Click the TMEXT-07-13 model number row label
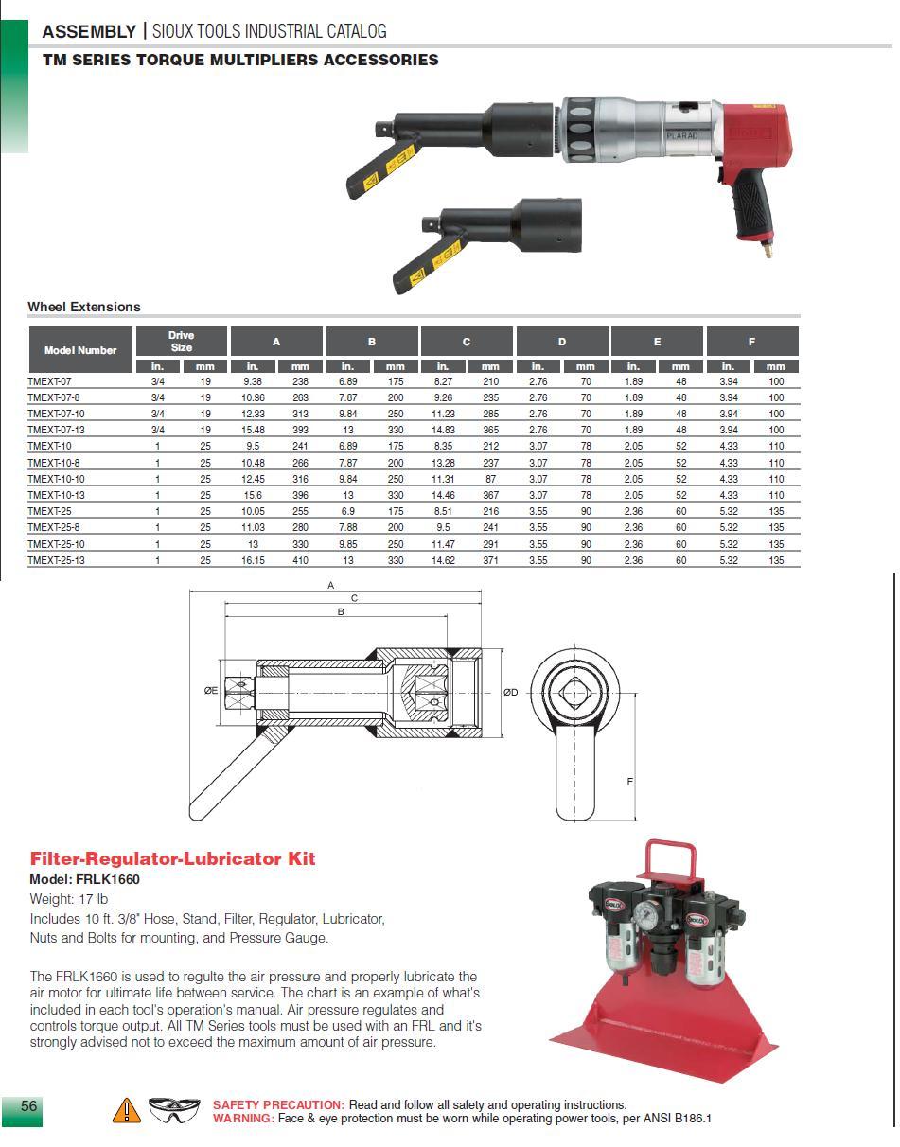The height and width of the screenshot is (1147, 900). [x=56, y=430]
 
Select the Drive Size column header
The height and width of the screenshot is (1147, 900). [x=181, y=342]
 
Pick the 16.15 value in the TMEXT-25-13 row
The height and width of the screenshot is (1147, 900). [x=253, y=560]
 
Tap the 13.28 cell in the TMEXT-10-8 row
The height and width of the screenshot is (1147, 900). [x=443, y=463]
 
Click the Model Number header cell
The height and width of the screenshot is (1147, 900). [x=80, y=350]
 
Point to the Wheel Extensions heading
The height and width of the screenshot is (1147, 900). [x=84, y=307]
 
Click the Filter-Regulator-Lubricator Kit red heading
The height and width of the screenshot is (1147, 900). [x=173, y=859]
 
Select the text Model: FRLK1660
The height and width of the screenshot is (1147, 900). [x=85, y=879]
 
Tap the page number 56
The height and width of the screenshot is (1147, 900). [x=29, y=1106]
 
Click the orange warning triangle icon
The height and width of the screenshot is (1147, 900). [x=126, y=1111]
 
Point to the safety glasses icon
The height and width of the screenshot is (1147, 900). [x=175, y=1110]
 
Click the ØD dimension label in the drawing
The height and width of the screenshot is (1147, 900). [x=510, y=692]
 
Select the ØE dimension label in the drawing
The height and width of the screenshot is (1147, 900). [x=210, y=691]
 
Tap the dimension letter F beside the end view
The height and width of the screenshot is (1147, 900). [x=629, y=782]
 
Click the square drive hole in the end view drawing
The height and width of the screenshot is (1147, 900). [x=574, y=694]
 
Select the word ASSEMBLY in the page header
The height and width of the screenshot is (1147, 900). [x=89, y=31]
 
